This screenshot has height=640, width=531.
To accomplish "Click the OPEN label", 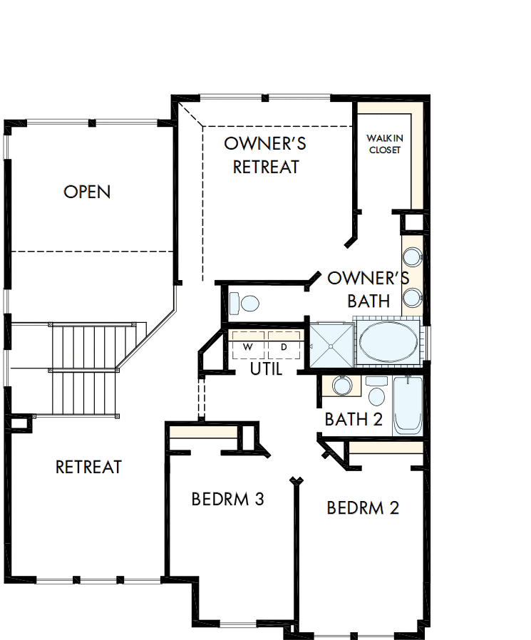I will click(87, 192).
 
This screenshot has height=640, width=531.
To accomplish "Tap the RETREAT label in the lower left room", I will click(88, 467).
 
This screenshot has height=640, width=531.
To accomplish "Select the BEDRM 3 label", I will click(228, 499).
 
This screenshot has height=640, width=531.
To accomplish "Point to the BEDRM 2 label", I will click(363, 508).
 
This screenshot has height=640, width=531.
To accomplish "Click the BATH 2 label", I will click(354, 419).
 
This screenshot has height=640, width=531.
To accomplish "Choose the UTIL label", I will click(267, 369).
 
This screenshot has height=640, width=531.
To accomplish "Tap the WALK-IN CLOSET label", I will click(384, 143).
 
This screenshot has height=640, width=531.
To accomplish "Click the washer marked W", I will click(248, 346).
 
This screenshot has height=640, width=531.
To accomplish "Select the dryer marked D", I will click(284, 346).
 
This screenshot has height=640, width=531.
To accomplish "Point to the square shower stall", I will click(330, 345).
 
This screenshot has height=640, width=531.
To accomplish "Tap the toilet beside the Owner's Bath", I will click(244, 304).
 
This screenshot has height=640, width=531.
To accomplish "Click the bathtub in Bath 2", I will click(408, 406).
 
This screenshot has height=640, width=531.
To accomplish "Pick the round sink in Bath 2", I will click(342, 386).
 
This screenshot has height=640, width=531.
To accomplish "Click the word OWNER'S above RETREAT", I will click(265, 143).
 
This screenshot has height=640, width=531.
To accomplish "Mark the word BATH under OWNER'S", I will click(368, 301).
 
